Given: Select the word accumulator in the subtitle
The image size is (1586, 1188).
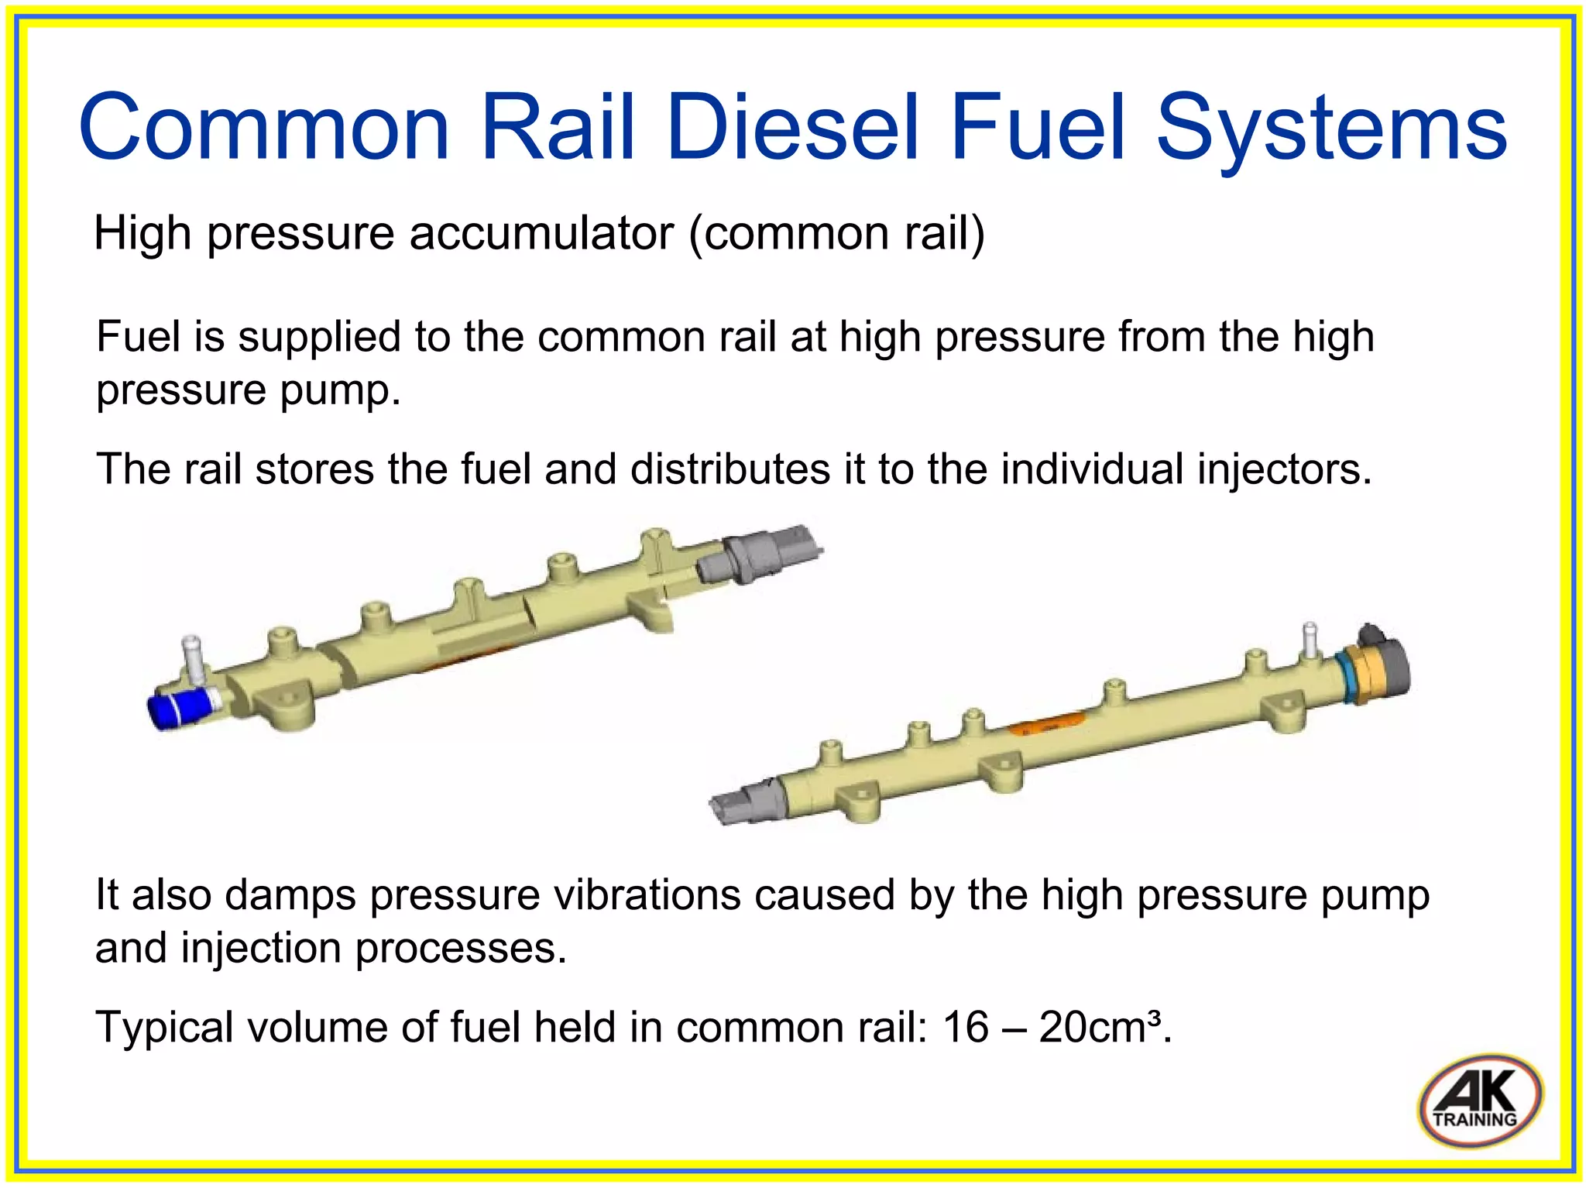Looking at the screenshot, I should pos(541,233).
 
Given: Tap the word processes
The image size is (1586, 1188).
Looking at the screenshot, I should pos(461,949).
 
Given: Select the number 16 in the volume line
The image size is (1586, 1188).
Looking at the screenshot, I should pos(965,1028).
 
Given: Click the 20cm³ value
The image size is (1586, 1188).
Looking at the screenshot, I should pos(1100,1028).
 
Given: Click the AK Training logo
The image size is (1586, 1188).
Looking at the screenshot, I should pos(1480,1100).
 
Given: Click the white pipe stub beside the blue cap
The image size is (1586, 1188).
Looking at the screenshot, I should pos(191,658).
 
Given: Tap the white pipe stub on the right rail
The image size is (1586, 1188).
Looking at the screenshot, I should pos(1310,639).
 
